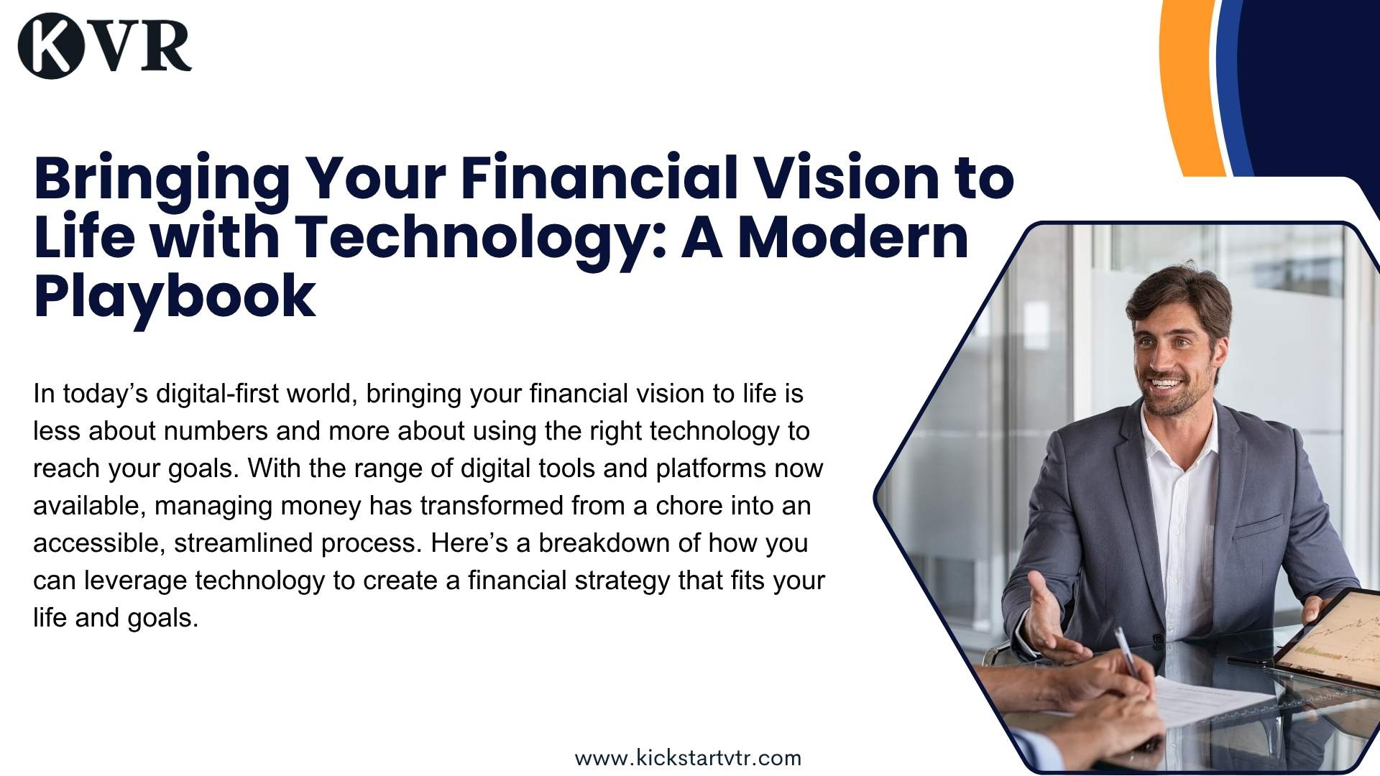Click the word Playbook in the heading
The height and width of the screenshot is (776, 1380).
click(x=175, y=296)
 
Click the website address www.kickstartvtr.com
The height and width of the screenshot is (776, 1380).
click(x=688, y=758)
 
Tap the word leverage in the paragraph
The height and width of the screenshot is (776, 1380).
click(x=136, y=581)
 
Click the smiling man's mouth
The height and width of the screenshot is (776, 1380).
click(x=1166, y=384)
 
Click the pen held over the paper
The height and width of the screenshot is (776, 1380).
click(x=1126, y=651)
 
